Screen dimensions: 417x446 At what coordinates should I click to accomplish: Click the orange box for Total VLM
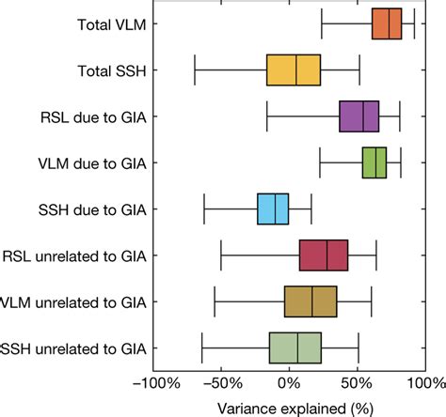387,23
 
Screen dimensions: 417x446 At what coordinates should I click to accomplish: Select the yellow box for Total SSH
294,69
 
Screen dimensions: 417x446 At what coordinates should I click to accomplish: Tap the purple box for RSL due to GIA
359,116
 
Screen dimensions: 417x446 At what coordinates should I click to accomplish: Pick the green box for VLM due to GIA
374,162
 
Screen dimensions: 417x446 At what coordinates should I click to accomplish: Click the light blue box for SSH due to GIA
273,208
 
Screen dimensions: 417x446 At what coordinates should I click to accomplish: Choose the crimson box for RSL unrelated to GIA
324,255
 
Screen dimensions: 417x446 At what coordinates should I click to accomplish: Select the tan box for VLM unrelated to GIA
311,301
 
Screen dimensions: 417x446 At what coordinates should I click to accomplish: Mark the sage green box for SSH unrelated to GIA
295,347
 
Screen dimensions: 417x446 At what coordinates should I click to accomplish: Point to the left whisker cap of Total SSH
195,69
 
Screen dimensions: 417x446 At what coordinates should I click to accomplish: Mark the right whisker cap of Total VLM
414,23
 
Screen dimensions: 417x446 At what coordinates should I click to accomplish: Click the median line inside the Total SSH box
296,69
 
